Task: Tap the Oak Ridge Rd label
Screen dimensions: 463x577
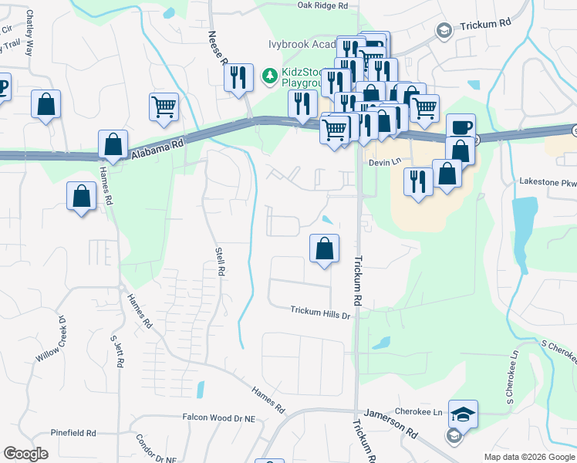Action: [x=323, y=5]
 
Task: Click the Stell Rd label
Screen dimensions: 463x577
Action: [x=219, y=261]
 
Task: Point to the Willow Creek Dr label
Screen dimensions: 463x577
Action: [x=52, y=340]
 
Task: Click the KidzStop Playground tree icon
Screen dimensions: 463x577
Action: [x=269, y=75]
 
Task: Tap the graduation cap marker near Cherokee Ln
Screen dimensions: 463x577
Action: [x=463, y=414]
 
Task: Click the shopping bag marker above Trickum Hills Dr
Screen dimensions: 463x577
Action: [x=325, y=248]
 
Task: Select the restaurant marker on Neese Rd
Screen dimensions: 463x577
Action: [x=239, y=77]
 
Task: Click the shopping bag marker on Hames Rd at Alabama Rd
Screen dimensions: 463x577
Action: [x=113, y=144]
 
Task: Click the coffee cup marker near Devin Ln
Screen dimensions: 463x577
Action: [x=461, y=127]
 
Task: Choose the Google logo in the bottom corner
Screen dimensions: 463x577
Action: [x=25, y=454]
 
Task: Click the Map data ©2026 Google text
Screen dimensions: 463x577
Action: [x=529, y=457]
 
